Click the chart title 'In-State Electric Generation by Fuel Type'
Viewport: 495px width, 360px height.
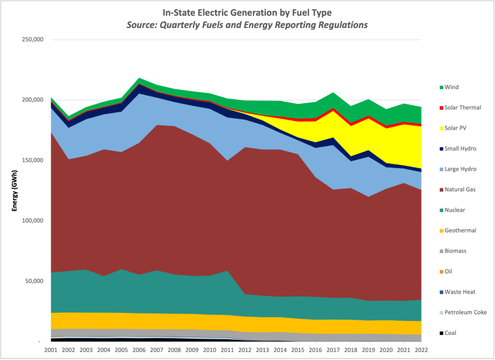[248, 12]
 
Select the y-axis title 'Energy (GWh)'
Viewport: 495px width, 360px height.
[13, 190]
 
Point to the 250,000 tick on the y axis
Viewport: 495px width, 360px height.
[31, 40]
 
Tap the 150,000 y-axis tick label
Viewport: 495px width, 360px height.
[31, 160]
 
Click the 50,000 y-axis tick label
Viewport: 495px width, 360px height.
[33, 281]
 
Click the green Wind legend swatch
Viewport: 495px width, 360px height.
[440, 87]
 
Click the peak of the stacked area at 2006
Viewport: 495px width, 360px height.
[140, 78]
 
